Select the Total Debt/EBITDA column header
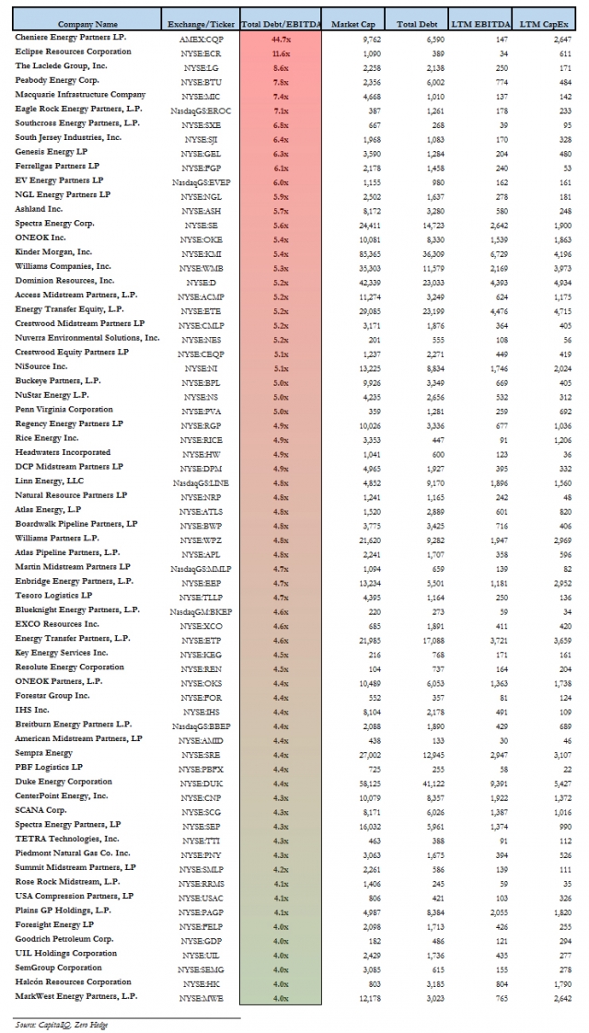pyautogui.click(x=280, y=22)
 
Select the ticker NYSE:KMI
pyautogui.click(x=201, y=251)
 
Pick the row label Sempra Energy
pyautogui.click(x=45, y=752)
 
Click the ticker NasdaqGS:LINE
pyautogui.click(x=201, y=481)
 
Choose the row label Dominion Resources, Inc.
pyautogui.click(x=64, y=280)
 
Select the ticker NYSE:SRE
pyautogui.click(x=201, y=752)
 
